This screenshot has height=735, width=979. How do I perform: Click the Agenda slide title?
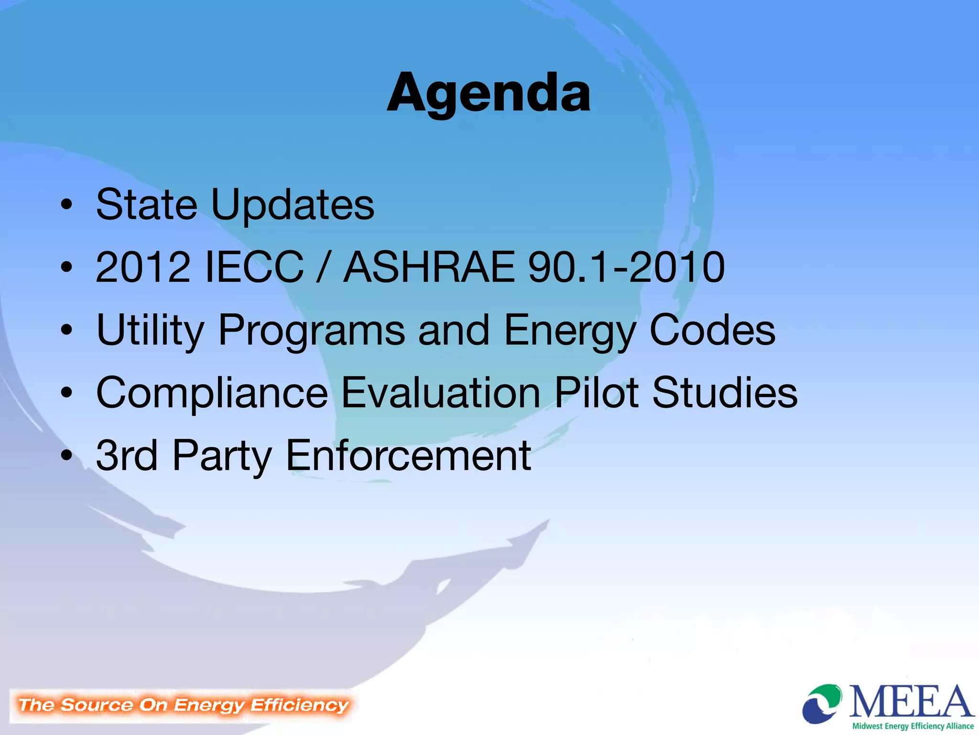489,93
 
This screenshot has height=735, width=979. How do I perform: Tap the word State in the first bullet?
146,204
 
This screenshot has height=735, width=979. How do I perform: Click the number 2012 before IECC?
142,267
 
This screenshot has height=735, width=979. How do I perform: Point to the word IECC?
254,267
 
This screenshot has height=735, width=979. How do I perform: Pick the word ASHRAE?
429,267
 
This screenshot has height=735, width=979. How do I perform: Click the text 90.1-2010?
626,267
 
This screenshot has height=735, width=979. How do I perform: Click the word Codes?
712,330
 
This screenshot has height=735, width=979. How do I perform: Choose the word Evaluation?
441,392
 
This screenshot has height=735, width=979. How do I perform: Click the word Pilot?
596,392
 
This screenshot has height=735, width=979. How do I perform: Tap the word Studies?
725,392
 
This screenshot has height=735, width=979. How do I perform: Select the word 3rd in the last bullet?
127,456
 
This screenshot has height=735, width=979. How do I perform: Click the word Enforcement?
408,456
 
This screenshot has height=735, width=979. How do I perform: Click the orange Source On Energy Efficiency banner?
183,705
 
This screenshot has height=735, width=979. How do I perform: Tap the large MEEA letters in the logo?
911,701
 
